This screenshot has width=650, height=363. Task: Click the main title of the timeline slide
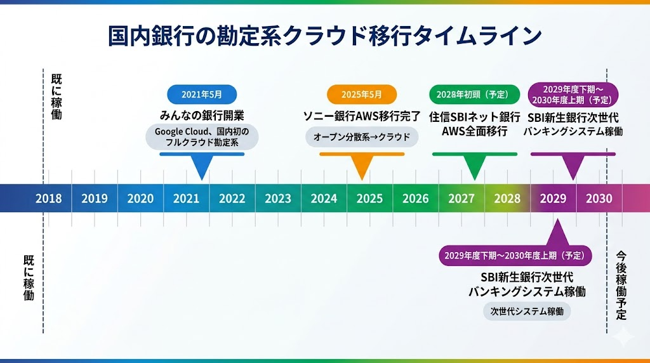point(324,36)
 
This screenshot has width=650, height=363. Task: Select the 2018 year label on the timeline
point(49,198)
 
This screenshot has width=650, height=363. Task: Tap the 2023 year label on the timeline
point(278,198)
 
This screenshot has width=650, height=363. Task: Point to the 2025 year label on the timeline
point(369,198)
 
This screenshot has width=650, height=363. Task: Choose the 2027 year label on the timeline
point(461,198)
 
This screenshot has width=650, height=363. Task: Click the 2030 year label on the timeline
point(599,198)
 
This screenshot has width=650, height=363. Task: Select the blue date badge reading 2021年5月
point(202,95)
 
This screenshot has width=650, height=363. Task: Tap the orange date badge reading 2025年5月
point(362,95)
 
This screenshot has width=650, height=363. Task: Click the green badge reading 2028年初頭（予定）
point(473,95)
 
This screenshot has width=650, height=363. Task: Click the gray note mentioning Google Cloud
point(202,137)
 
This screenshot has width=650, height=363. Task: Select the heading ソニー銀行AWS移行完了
point(362,116)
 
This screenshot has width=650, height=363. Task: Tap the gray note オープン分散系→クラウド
point(362,137)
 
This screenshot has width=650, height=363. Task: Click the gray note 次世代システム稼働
point(526,311)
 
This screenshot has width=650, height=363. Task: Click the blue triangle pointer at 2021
point(202,168)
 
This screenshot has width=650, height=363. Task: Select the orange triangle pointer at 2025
point(362,168)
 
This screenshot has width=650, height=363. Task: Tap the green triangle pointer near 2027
point(474,168)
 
